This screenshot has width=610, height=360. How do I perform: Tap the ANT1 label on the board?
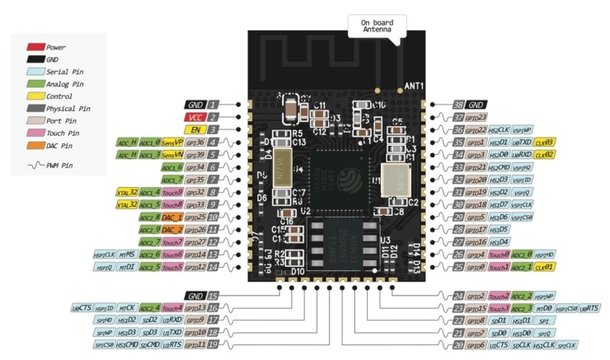click(413, 86)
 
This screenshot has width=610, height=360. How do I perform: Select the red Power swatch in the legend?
click(35, 47)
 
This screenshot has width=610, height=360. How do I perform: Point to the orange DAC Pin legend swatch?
click(35, 145)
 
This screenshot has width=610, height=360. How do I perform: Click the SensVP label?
click(171, 142)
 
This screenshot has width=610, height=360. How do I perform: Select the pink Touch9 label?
click(171, 192)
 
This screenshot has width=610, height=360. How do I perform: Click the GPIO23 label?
click(476, 117)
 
